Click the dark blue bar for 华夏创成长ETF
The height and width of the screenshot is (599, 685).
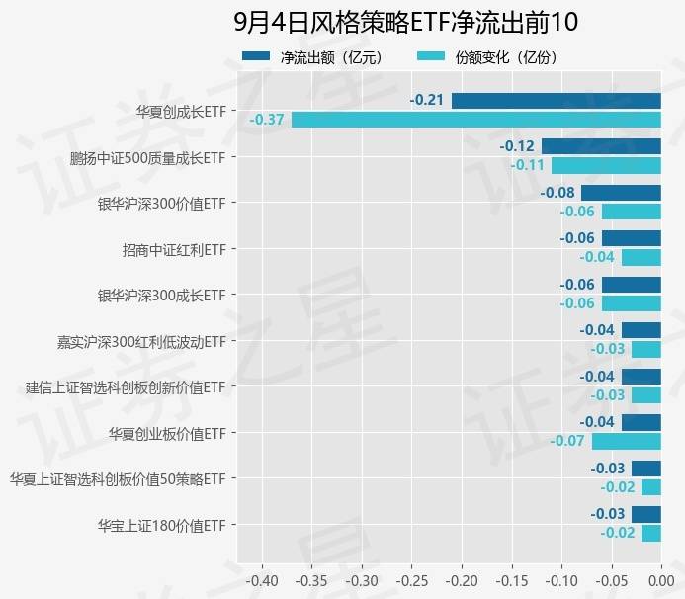pyautogui.click(x=556, y=100)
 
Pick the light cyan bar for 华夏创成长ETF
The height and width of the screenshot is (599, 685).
pyautogui.click(x=475, y=120)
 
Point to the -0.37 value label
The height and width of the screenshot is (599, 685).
pyautogui.click(x=267, y=120)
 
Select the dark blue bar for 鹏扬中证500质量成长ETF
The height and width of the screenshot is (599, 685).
pyautogui.click(x=601, y=146)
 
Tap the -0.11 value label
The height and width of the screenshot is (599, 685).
pyautogui.click(x=528, y=165)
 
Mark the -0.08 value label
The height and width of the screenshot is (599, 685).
pyautogui.click(x=558, y=193)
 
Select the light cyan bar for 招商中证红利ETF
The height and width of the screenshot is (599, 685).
pyautogui.click(x=641, y=257)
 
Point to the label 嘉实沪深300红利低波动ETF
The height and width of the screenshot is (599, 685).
pyautogui.click(x=142, y=341)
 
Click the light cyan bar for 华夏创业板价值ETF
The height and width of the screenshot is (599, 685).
pyautogui.click(x=626, y=441)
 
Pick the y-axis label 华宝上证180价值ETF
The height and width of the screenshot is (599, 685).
pyautogui.click(x=162, y=525)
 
